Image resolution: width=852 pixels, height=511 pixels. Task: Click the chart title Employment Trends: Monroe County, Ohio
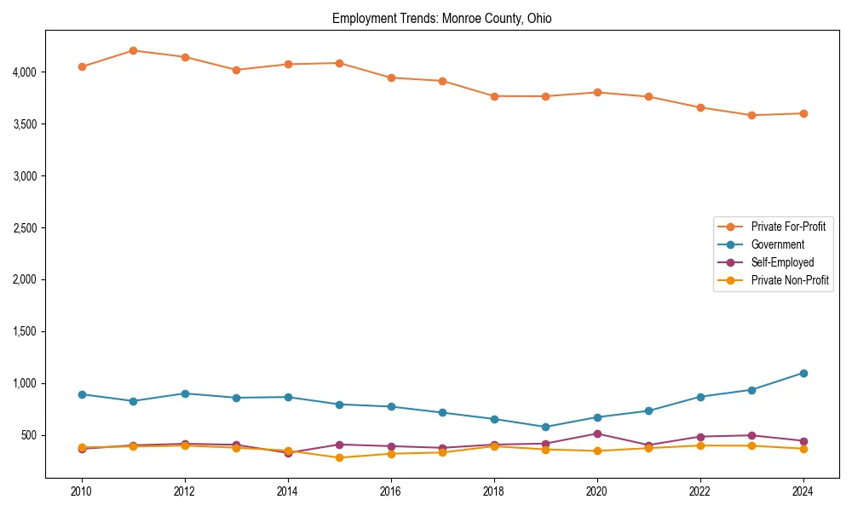click(x=441, y=18)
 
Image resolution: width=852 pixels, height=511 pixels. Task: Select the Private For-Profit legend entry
click(x=787, y=227)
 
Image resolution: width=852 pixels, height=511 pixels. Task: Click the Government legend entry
click(x=777, y=244)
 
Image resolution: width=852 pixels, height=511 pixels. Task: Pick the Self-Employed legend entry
click(x=782, y=262)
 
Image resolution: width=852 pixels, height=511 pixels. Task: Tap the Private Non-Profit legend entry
click(x=790, y=280)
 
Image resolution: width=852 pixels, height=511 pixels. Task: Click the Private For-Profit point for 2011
click(x=133, y=50)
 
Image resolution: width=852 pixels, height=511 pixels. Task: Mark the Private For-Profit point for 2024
click(x=803, y=113)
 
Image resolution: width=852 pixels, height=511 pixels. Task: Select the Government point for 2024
click(x=803, y=373)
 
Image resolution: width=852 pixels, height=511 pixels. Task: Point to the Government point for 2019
click(x=545, y=427)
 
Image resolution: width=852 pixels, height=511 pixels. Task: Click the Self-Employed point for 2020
click(x=597, y=433)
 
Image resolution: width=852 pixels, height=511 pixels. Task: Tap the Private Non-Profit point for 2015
click(x=339, y=457)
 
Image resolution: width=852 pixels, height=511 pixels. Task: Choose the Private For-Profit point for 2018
click(x=494, y=96)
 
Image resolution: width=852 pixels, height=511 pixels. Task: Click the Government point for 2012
click(x=185, y=393)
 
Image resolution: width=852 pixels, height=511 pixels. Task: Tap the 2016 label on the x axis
click(x=391, y=491)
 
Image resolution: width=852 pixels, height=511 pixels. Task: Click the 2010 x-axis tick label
click(x=82, y=491)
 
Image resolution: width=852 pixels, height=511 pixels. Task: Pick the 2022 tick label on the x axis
click(x=700, y=491)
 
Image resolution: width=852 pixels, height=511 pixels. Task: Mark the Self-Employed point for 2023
click(x=751, y=435)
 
